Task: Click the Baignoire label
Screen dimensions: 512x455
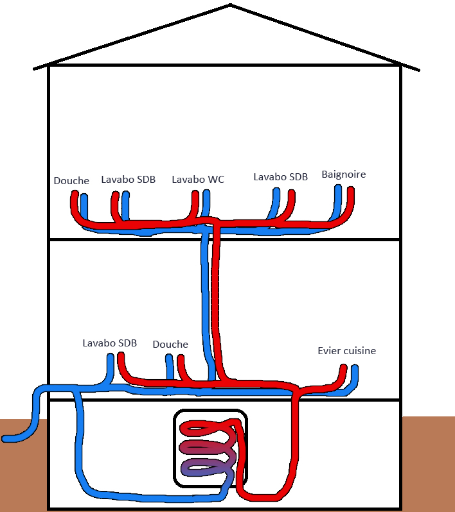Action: (343, 175)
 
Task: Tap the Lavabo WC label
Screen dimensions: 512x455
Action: (198, 180)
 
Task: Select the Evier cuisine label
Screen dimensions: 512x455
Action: (346, 351)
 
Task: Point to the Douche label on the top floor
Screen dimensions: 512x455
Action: (71, 181)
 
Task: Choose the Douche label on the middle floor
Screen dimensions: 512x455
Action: (170, 345)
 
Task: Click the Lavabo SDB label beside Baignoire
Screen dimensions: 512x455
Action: (280, 176)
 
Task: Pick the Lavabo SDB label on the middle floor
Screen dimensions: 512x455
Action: (109, 343)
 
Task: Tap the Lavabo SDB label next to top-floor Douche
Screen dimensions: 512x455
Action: (128, 180)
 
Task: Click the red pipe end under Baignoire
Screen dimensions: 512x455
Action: (351, 191)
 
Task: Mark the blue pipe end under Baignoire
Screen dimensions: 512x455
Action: (338, 188)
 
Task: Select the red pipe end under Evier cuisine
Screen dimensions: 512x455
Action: (343, 368)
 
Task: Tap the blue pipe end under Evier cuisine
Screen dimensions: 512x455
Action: (354, 368)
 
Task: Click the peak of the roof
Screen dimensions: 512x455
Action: (229, 6)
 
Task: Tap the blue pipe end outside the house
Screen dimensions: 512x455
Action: (6, 439)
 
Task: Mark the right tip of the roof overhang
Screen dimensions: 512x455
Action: (419, 69)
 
